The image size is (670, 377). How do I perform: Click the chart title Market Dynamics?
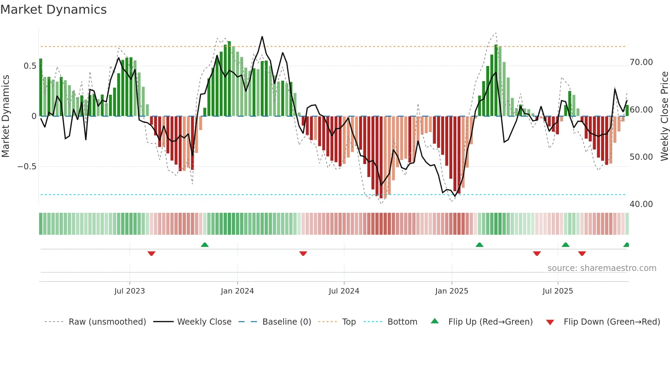(x=53, y=10)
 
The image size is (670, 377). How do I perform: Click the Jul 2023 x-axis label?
(x=130, y=291)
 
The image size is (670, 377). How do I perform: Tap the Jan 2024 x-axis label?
(x=237, y=291)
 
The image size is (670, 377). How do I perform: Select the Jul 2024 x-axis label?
(x=344, y=291)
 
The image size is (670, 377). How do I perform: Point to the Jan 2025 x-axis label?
(x=452, y=291)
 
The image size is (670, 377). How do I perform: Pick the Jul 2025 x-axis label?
(x=558, y=291)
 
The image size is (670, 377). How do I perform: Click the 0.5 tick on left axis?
(x=30, y=66)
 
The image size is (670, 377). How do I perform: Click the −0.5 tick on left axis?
(x=27, y=167)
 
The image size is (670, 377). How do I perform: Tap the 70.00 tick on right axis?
(x=641, y=62)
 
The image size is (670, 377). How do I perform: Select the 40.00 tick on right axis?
(x=641, y=204)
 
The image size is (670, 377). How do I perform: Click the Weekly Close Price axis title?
(x=664, y=116)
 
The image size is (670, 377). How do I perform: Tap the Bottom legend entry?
(x=402, y=322)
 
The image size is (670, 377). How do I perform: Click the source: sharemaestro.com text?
(x=602, y=268)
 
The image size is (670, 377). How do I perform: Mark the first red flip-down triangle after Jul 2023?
(x=151, y=253)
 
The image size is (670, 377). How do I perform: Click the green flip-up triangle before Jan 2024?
(x=205, y=245)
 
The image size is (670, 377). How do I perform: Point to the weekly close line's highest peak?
(x=262, y=37)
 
